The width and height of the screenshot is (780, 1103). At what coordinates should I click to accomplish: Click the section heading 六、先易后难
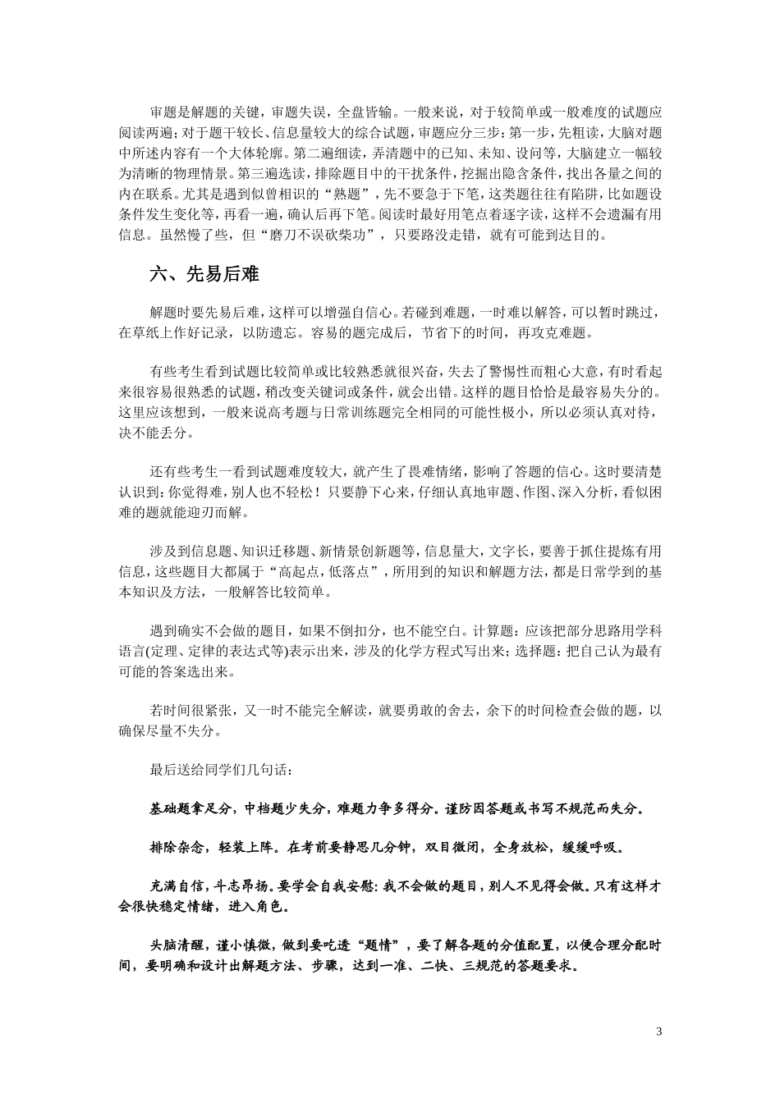click(x=204, y=274)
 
